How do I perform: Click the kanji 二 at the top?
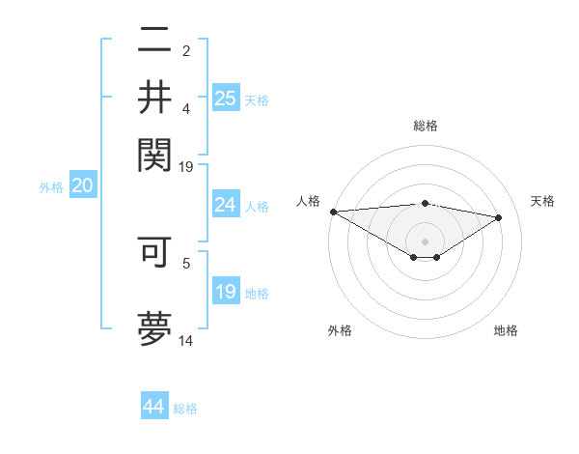155,42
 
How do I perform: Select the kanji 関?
155,152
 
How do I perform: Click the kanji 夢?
155,326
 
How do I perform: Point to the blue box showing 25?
226,98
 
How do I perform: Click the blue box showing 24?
226,205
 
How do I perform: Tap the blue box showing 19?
226,292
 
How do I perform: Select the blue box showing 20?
82,186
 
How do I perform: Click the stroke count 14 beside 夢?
186,341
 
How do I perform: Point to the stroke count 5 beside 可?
186,262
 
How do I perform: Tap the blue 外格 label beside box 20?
51,187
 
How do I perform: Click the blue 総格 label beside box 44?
185,409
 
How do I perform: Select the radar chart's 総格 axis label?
425,126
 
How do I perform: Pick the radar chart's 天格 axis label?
543,201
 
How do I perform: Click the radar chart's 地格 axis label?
506,330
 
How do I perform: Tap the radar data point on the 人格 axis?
333,212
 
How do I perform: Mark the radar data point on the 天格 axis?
499,217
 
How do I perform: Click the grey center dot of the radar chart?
425,241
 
